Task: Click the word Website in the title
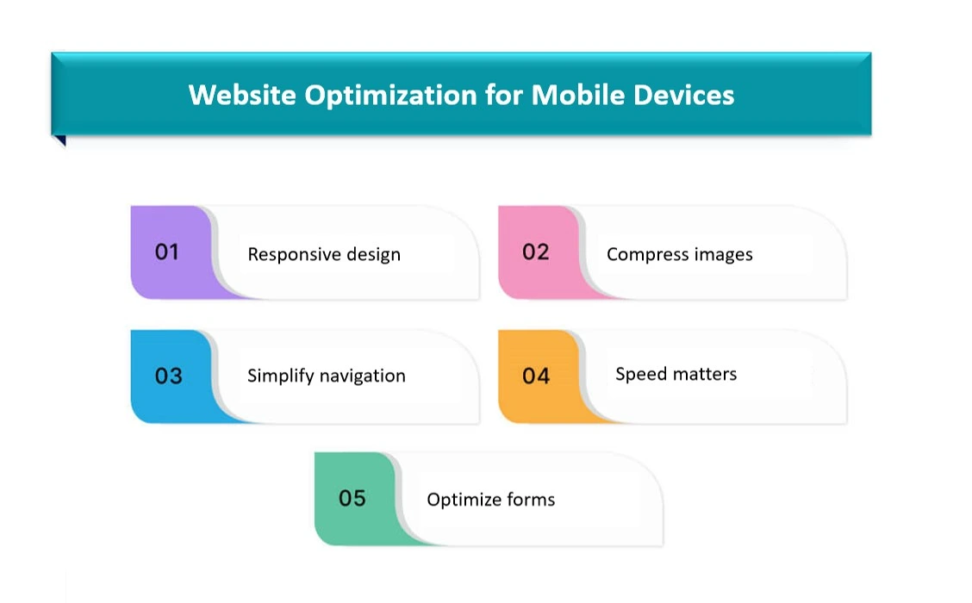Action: (x=242, y=95)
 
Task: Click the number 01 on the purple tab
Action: (x=167, y=252)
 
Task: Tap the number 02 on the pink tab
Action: (x=536, y=252)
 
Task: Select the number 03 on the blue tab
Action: (x=169, y=376)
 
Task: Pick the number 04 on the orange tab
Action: (x=536, y=376)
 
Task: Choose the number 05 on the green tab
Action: (x=352, y=498)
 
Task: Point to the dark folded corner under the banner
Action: (x=60, y=140)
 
